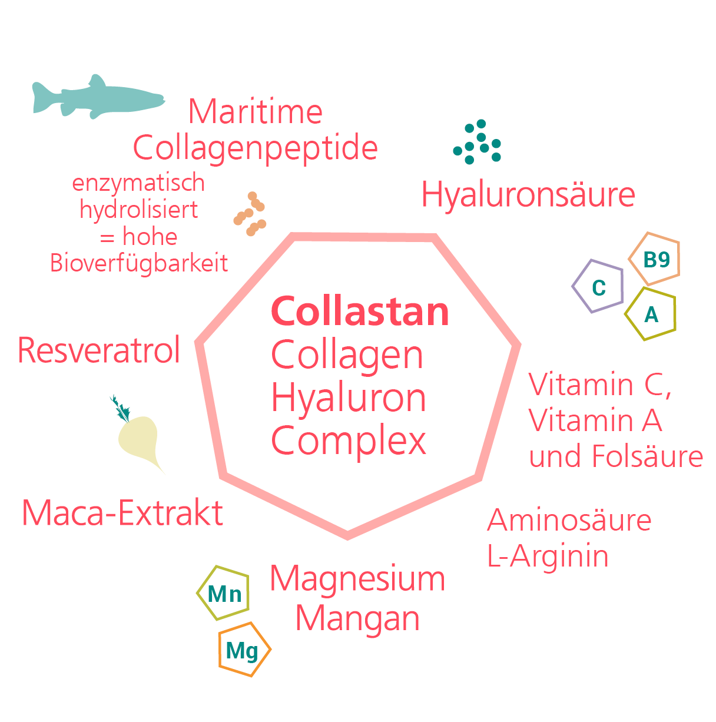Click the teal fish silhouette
(x=98, y=97)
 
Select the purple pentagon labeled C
(x=598, y=286)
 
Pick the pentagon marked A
(x=650, y=314)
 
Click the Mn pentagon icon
(x=223, y=593)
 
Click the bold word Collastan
(x=360, y=312)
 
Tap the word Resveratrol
(x=99, y=350)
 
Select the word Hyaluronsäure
(x=528, y=194)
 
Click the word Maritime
(x=255, y=111)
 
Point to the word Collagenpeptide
(x=256, y=148)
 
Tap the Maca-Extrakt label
(x=122, y=512)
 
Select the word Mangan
(x=357, y=619)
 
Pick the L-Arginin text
(x=548, y=557)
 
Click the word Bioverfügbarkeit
(x=139, y=263)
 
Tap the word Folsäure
(x=648, y=456)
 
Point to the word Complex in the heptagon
(x=349, y=441)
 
